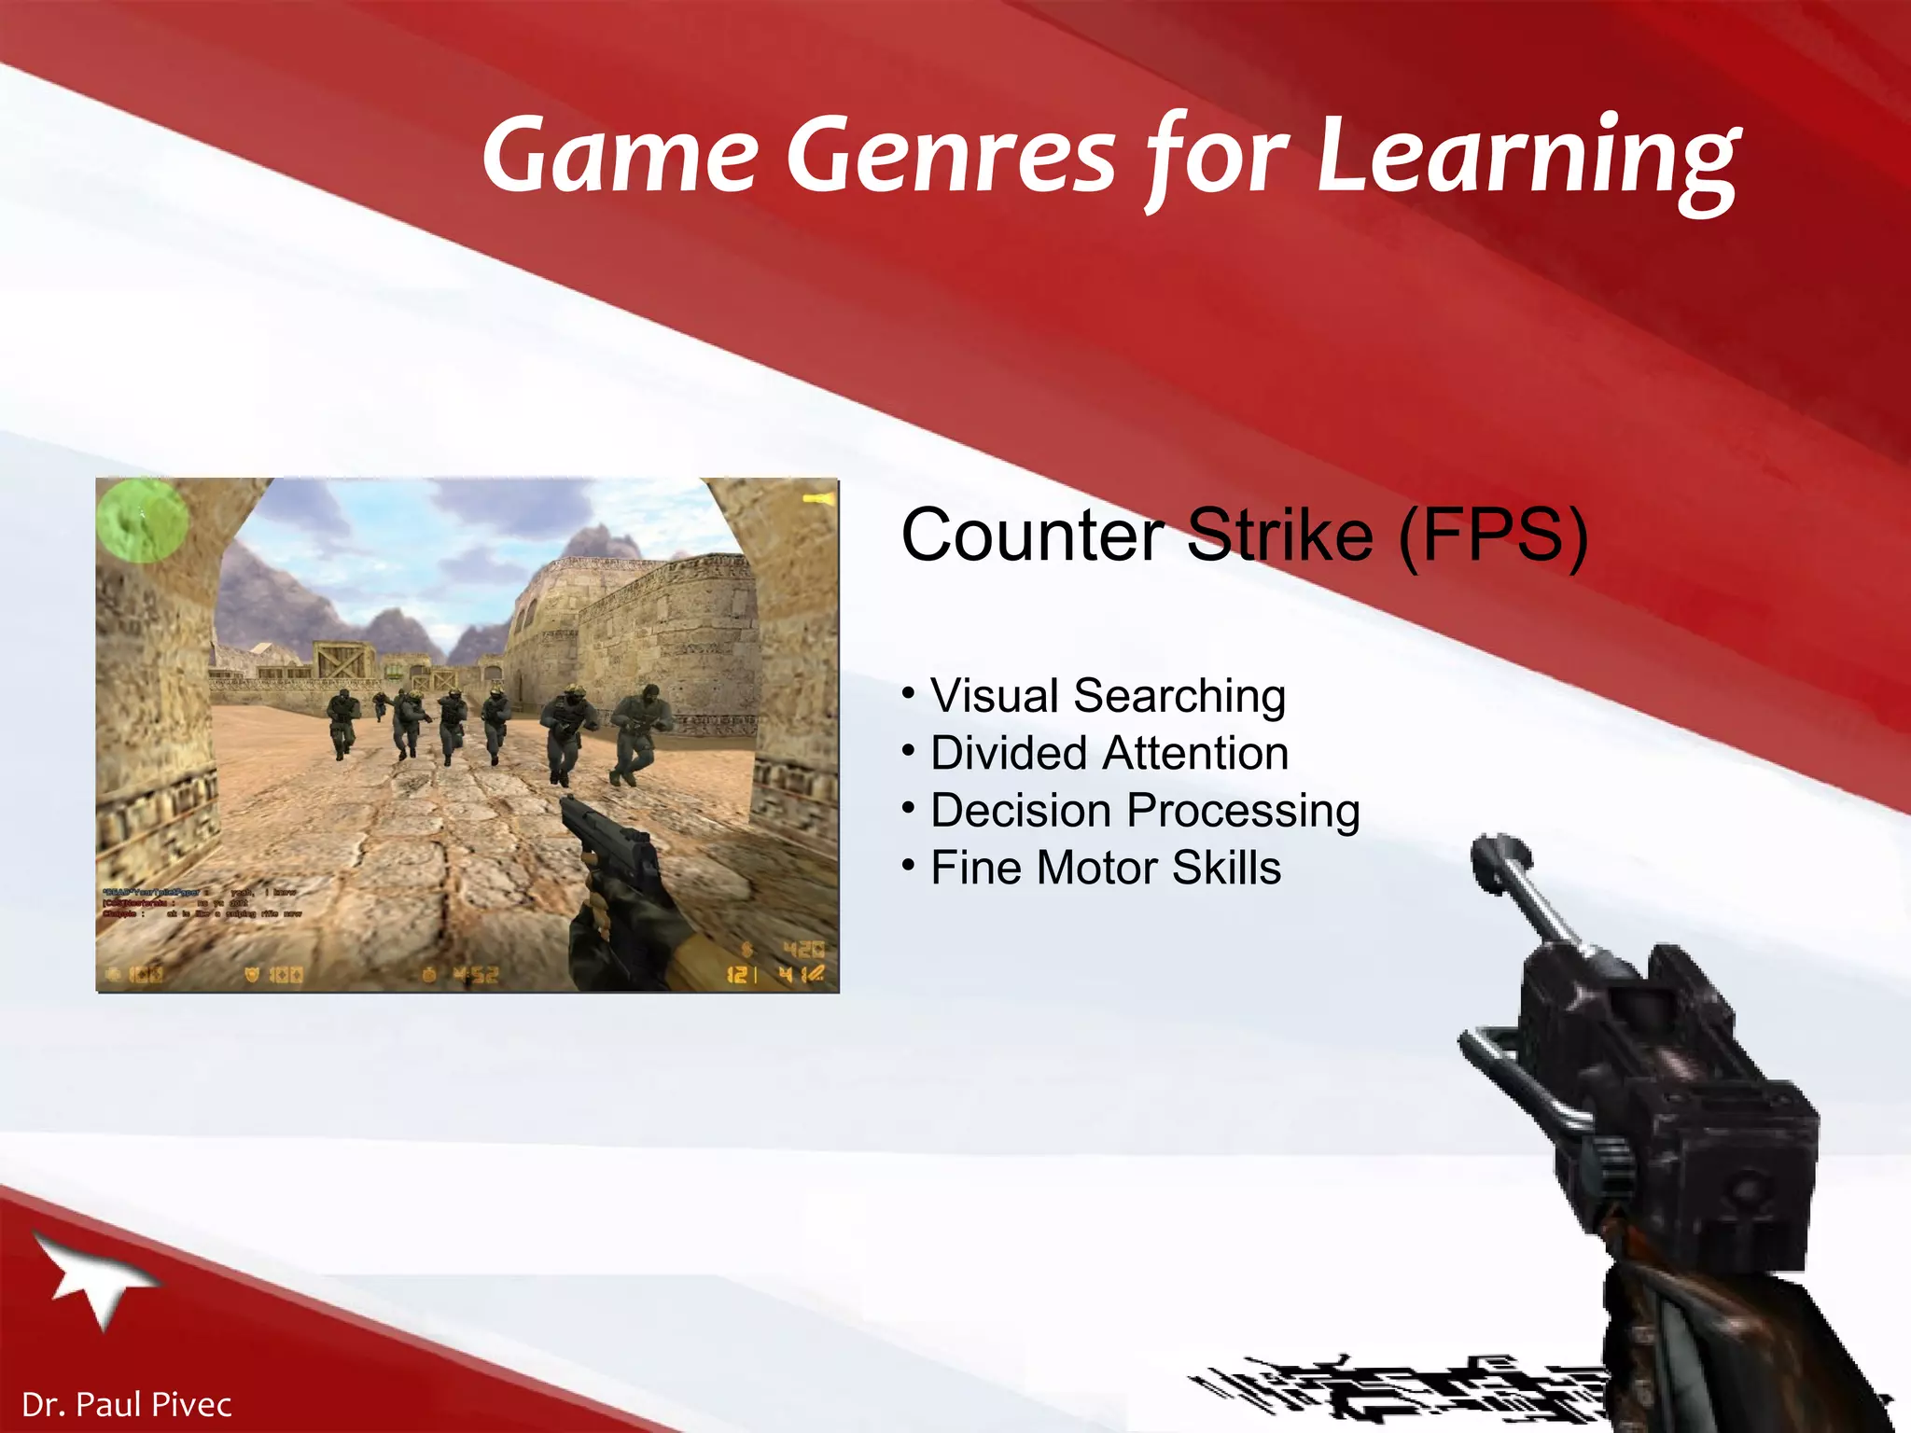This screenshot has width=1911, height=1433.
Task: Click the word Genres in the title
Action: click(951, 154)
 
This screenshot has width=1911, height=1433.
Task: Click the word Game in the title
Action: click(621, 154)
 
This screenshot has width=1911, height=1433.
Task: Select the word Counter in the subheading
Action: click(1031, 536)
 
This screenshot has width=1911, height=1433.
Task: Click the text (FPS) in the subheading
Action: click(1493, 536)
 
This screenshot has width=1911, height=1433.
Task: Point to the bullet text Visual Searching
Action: click(1108, 696)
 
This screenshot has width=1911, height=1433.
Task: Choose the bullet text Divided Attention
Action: click(1109, 753)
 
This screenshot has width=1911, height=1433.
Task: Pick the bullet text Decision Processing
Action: click(1145, 811)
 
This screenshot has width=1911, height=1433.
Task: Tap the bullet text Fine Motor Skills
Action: click(1106, 869)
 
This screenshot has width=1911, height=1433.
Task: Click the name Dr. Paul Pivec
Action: click(127, 1404)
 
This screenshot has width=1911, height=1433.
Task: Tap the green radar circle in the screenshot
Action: click(143, 521)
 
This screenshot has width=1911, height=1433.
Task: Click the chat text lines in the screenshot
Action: click(201, 903)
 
